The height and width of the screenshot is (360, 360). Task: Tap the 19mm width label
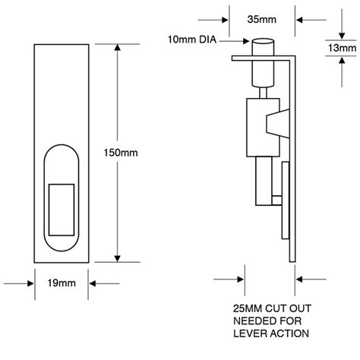tap(62, 283)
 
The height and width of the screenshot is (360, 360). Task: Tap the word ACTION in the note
tap(294, 333)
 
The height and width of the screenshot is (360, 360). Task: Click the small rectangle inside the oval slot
tap(61, 207)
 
